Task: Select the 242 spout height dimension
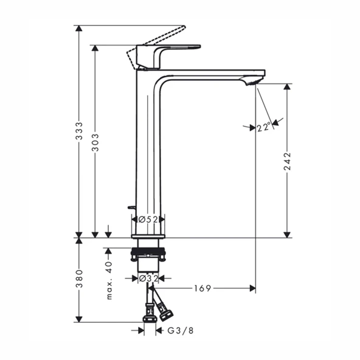click(288, 161)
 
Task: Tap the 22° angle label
click(263, 127)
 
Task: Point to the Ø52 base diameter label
click(148, 219)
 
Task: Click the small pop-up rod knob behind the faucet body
click(130, 207)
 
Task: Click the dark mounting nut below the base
click(147, 251)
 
